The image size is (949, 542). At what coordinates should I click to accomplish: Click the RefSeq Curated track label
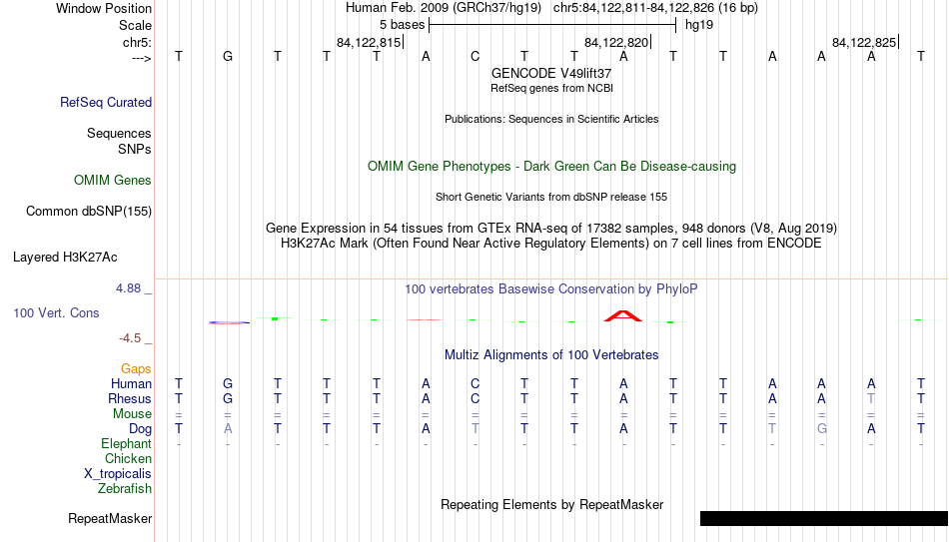tap(105, 102)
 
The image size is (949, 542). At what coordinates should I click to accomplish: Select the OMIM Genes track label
tap(112, 181)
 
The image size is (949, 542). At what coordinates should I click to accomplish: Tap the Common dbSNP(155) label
tap(88, 212)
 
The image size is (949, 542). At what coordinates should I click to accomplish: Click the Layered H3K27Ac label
tap(65, 258)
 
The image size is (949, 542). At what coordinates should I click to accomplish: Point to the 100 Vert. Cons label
tap(56, 312)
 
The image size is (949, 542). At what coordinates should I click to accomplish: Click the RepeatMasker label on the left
tap(110, 518)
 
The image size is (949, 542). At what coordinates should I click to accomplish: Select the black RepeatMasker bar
tap(824, 518)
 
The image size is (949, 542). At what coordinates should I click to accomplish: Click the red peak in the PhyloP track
tap(622, 315)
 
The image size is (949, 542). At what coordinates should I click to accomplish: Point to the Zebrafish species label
tap(125, 489)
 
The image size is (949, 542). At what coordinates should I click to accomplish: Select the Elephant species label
tap(126, 444)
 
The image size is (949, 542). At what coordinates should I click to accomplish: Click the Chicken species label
tap(128, 459)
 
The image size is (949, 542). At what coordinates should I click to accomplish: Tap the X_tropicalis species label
tap(118, 474)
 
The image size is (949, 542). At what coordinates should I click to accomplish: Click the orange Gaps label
tap(136, 369)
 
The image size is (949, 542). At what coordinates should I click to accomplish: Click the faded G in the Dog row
tap(821, 429)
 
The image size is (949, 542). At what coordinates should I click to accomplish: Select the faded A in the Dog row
tap(228, 429)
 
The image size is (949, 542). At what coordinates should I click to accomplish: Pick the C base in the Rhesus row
tap(475, 399)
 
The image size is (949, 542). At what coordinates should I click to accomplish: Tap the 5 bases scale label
tap(402, 25)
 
